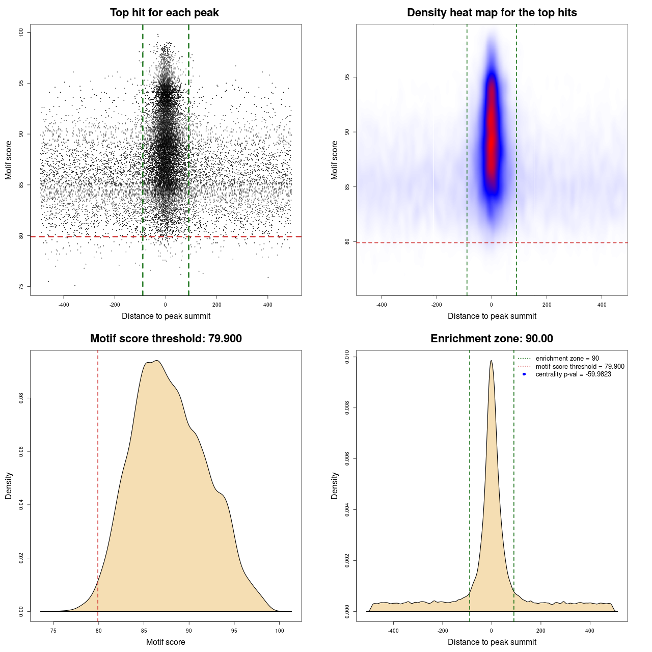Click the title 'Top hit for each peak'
point(164,13)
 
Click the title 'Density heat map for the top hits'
point(492,13)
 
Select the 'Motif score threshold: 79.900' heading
point(166,339)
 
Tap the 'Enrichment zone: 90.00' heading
point(492,339)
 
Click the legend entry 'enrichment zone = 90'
point(567,359)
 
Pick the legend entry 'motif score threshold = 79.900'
point(580,366)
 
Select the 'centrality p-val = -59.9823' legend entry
point(573,374)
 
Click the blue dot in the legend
point(524,374)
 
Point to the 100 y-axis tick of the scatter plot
point(21,32)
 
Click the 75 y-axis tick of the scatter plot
point(21,287)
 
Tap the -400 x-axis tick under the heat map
point(382,305)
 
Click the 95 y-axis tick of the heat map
point(347,77)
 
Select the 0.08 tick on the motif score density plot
point(21,398)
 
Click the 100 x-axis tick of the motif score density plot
point(279,631)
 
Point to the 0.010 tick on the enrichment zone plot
point(347,357)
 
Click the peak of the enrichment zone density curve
point(491,361)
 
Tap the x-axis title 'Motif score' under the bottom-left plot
point(166,642)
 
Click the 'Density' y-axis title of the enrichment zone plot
point(335,485)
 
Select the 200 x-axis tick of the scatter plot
point(216,305)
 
